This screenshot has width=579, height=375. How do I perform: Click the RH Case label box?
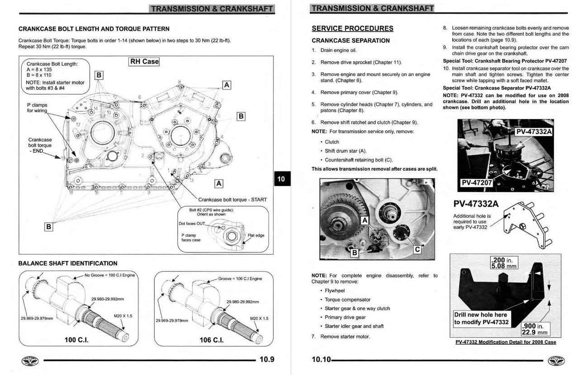coord(144,62)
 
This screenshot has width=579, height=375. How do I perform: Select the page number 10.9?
coord(266,360)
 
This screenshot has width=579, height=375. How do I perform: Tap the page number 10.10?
coord(321,360)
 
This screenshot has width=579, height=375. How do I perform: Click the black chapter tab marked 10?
coord(281,179)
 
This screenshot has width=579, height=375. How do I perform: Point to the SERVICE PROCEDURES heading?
coord(352,28)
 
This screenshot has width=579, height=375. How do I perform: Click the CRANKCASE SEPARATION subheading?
coord(351,40)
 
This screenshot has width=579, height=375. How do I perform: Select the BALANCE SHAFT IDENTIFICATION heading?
coord(68,263)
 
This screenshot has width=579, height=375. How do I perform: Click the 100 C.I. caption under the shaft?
coord(76,340)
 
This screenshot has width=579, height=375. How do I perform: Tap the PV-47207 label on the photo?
coord(476,183)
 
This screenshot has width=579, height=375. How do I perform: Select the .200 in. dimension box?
coord(503,263)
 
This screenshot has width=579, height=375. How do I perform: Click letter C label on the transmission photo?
coord(417,249)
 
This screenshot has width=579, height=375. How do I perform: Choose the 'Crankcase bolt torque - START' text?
coord(233,199)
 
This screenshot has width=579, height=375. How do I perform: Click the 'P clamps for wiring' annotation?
coord(37,108)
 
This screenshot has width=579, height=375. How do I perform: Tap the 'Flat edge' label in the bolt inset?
coord(256,235)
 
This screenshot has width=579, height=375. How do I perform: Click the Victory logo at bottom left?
coord(30,361)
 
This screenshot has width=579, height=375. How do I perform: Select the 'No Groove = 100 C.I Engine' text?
coord(109,275)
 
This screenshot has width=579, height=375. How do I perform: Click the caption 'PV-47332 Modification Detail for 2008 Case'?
coord(506,342)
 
